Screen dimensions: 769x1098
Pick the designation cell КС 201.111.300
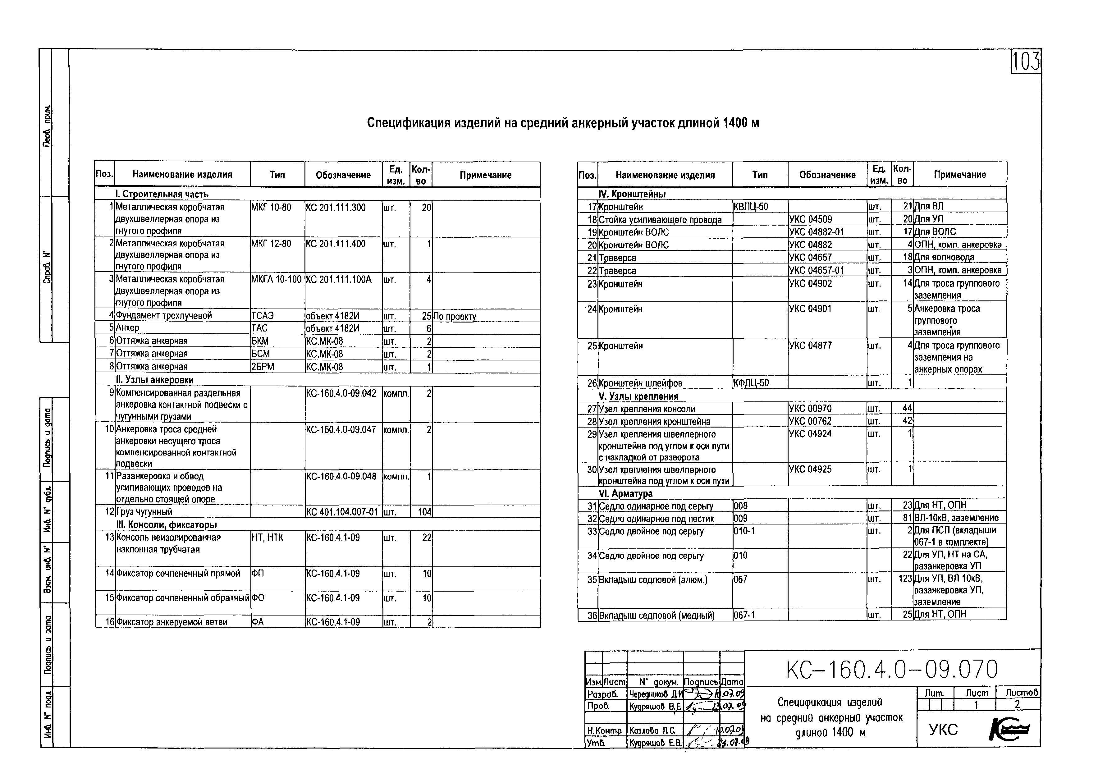pyautogui.click(x=336, y=208)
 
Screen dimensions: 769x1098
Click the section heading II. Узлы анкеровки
pyautogui.click(x=154, y=380)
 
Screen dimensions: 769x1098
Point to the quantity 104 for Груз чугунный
pyautogui.click(x=424, y=512)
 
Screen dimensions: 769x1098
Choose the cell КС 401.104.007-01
pyautogui.click(x=342, y=512)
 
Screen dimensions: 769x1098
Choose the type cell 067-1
pyautogui.click(x=744, y=615)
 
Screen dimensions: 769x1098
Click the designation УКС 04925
pyautogui.click(x=810, y=469)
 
